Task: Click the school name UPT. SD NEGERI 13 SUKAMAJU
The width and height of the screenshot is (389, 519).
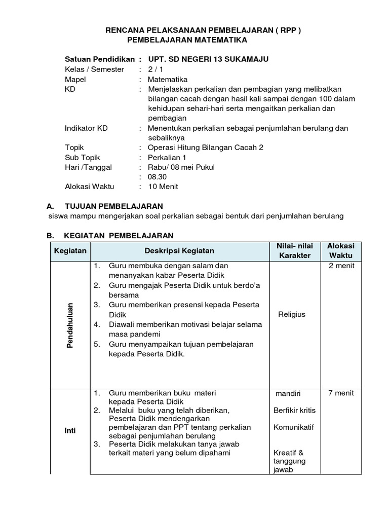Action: (205, 59)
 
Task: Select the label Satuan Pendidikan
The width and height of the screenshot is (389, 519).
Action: (100, 59)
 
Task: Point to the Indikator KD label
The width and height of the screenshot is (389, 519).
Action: (86, 128)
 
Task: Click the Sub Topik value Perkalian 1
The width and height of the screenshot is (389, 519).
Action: (169, 157)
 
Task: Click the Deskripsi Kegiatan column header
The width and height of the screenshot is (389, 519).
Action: (179, 250)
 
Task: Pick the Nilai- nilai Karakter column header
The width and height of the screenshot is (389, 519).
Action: (294, 250)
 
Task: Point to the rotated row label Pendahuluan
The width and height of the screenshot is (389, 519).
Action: (70, 325)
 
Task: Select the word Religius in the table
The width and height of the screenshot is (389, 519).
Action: (292, 314)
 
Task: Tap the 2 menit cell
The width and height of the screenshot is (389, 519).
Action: (341, 266)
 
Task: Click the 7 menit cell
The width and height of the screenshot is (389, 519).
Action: (341, 393)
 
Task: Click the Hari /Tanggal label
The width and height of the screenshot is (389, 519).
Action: (89, 167)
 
